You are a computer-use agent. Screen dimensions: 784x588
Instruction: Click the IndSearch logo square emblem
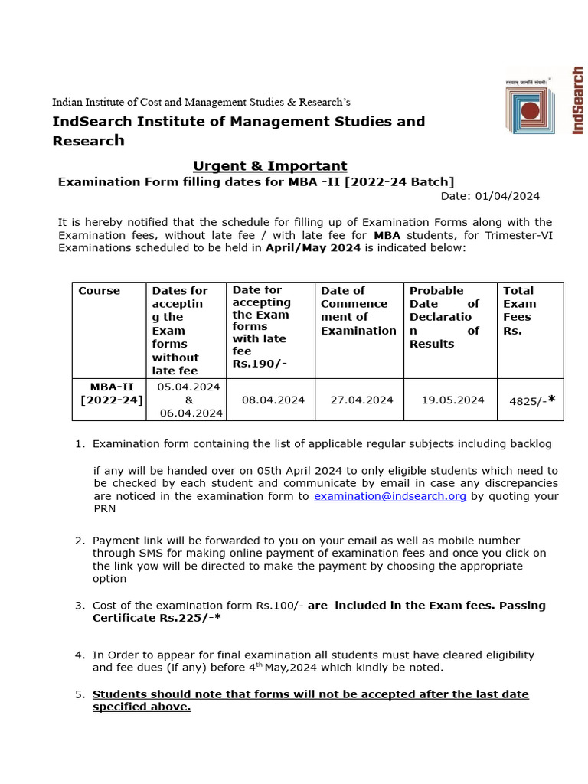click(531, 109)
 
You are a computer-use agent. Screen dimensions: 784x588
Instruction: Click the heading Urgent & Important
click(269, 166)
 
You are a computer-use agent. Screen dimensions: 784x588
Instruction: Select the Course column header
click(99, 291)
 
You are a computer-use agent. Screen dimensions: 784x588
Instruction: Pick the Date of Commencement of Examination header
click(358, 310)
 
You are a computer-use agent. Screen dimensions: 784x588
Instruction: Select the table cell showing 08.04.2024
click(273, 400)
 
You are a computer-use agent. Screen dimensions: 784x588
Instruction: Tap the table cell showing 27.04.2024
click(361, 400)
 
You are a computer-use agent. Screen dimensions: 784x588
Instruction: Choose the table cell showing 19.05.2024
click(453, 400)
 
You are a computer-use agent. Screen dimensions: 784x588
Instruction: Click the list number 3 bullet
click(80, 606)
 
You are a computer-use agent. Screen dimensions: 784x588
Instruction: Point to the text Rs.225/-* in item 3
click(194, 618)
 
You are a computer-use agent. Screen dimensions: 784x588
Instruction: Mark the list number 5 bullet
click(80, 694)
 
